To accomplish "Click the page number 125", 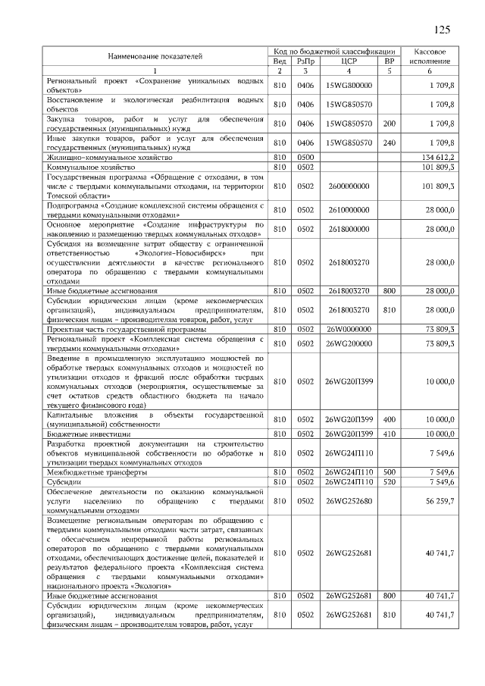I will [x=442, y=30].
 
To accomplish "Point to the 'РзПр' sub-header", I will [x=305, y=61].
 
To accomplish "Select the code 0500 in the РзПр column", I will [x=305, y=156].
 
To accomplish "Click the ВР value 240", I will [x=390, y=142].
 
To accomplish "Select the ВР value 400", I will [x=390, y=419].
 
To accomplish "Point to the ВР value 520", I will [x=390, y=481].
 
